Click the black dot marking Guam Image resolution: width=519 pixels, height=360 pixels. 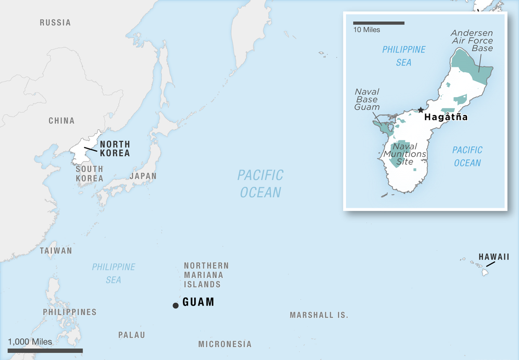pos(175,306)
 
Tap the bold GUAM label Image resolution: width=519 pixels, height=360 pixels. pos(199,302)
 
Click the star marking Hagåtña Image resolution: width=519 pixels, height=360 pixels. pos(420,110)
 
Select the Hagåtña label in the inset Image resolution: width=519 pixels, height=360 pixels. pos(445,117)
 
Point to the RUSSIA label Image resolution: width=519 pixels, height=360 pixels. pos(55,22)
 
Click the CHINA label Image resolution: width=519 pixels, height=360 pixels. pos(61,121)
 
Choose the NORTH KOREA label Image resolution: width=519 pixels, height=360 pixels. pos(115,149)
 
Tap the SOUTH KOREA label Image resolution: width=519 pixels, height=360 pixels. pos(90,174)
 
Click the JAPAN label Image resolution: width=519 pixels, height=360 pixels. pos(143,176)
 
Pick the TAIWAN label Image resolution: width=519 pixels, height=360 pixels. pos(56,251)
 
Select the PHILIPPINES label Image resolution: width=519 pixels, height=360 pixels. pos(70,312)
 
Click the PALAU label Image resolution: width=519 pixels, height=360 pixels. pos(132,335)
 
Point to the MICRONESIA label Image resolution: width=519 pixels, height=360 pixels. pos(224,344)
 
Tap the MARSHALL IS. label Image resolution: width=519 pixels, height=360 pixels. pos(319,315)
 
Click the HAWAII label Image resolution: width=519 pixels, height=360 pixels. pos(493,257)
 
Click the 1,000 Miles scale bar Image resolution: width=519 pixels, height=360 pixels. pos(45,350)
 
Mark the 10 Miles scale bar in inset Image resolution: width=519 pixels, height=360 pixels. pos(378,22)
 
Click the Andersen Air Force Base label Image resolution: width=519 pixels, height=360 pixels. pos(471,41)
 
